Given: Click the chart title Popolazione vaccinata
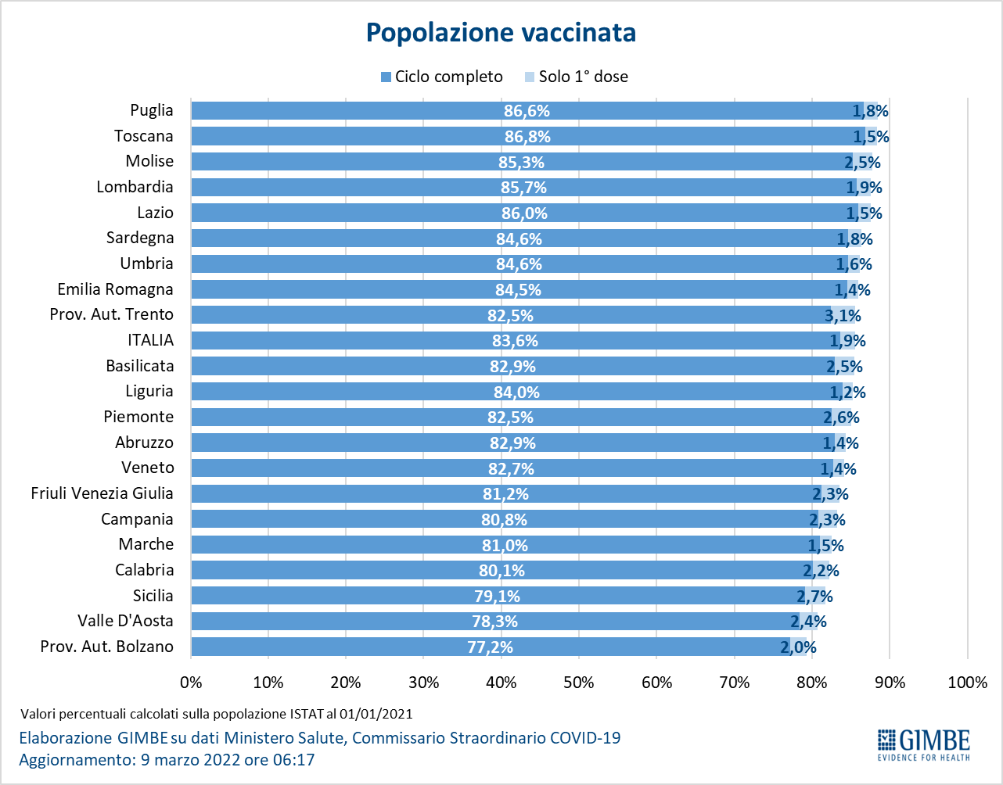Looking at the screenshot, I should pos(501,33).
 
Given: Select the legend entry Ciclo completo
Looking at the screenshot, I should pos(441,77).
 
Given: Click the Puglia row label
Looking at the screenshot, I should pos(152,110).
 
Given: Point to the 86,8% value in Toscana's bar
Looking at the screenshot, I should pos(527,137).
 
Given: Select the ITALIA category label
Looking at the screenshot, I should pos(151,340).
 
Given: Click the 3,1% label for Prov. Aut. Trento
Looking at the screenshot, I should pos(843,316).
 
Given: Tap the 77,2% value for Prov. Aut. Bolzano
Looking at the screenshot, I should pos(490,647).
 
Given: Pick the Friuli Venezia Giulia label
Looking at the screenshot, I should pos(102,493).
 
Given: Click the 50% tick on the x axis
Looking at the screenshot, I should pos(579,683).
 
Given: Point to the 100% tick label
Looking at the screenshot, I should pos(967,683).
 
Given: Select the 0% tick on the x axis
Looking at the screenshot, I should pos(191,683).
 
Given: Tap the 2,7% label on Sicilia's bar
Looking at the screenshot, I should pos(814,597).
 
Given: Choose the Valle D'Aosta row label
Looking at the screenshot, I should pos(125,621).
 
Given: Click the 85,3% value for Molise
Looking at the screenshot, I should pos(521,163).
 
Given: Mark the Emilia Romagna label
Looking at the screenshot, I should pos(115,289).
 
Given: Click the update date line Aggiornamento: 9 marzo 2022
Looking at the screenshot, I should pos(167,759).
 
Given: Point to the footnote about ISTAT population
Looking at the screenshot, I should pos(216,714).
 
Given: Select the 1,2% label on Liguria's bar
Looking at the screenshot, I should pos(847,392).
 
